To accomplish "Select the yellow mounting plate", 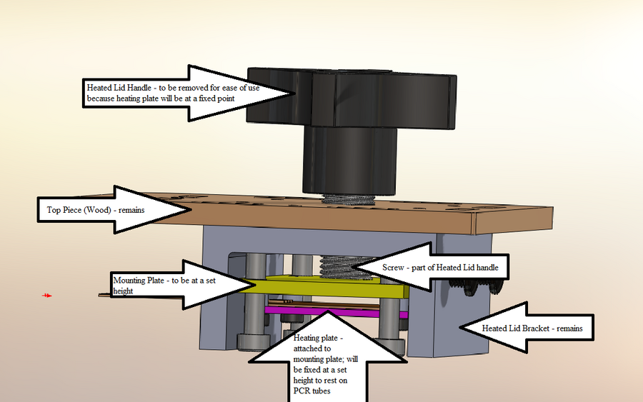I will pos(336,287).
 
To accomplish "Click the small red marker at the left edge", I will pos(47,295).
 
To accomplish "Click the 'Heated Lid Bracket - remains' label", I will pos(532,328).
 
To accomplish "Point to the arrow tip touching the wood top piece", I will pos(191,209).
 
